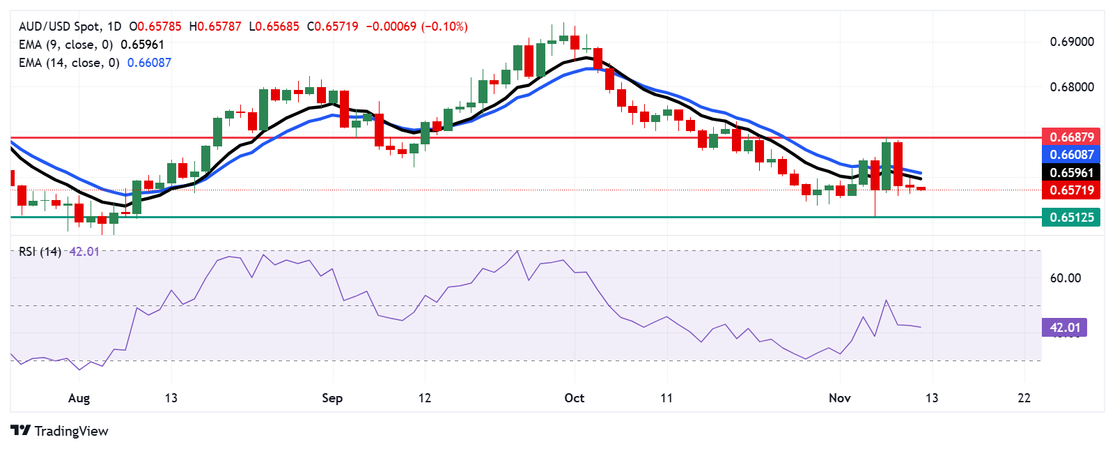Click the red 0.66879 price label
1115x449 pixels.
coord(1072,137)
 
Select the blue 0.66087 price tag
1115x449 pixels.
coord(1072,154)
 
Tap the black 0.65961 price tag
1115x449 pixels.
coord(1072,172)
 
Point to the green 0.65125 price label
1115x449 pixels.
coord(1072,217)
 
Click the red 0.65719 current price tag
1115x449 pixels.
coord(1072,190)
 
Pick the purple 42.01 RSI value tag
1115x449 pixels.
coord(1064,327)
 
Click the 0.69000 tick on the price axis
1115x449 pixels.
coord(1072,42)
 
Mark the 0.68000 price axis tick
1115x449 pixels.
coord(1072,87)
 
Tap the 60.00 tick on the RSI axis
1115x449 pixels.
coord(1065,278)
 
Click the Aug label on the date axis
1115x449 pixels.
coord(79,398)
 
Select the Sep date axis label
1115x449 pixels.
coord(332,398)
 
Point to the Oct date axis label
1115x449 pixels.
coord(574,398)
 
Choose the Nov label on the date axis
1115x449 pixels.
coord(839,398)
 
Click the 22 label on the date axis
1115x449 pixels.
coord(1024,398)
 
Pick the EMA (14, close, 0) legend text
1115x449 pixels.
coord(69,63)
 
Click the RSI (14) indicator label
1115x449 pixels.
coord(40,251)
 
